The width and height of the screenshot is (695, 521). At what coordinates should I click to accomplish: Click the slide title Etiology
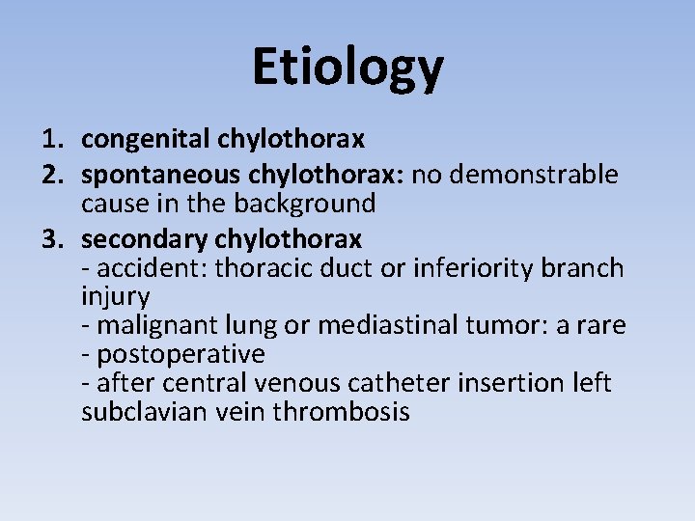coord(347,67)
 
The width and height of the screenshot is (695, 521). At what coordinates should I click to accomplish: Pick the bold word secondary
coord(145,238)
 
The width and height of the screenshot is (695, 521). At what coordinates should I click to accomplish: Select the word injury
coord(115,297)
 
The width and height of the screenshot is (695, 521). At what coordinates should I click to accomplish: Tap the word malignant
coord(155,326)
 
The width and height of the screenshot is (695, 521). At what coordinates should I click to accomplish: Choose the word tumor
coord(496,326)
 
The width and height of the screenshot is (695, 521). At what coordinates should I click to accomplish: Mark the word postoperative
coord(179,354)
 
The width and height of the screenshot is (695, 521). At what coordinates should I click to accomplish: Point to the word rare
coord(601,326)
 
